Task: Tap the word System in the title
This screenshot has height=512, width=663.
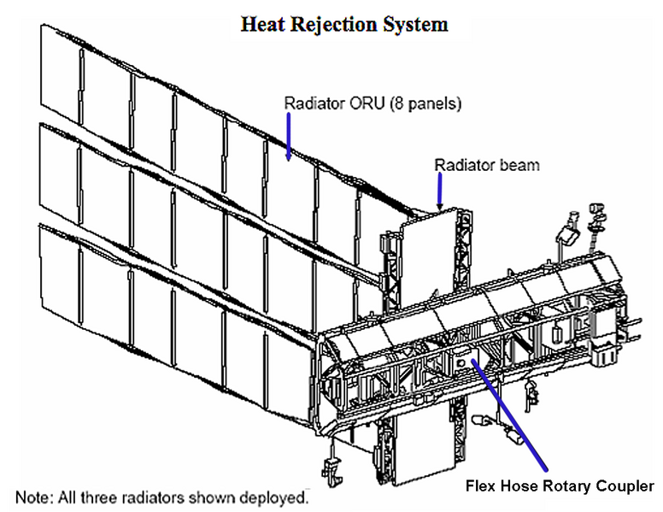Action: [414, 24]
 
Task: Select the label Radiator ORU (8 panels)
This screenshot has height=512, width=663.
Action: [373, 104]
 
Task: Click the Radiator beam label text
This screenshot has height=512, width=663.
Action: [487, 164]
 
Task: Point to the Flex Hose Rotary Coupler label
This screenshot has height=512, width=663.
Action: [559, 486]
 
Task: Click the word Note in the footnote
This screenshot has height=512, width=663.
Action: [32, 496]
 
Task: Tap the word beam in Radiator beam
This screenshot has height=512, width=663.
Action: [521, 164]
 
